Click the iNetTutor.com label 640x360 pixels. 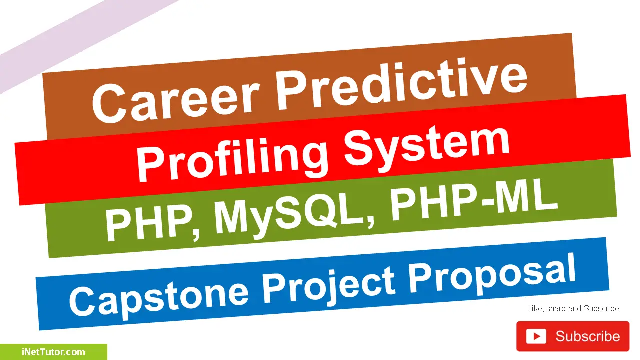53,352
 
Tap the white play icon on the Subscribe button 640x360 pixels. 536,336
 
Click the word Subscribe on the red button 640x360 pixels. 587,336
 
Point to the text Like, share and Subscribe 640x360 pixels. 573,309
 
